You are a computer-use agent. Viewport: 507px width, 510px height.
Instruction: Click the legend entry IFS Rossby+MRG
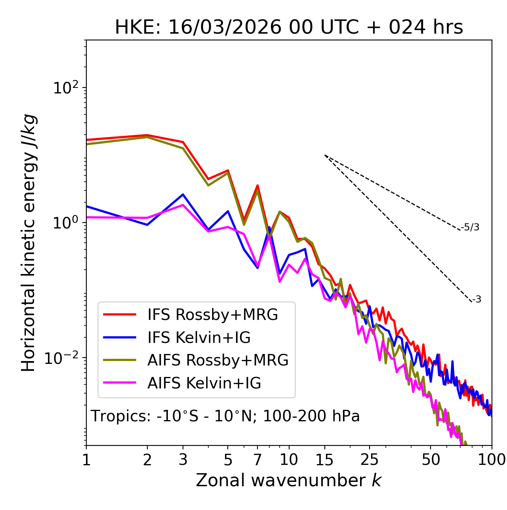pos(212,315)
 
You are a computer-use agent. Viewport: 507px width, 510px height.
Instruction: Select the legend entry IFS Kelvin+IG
pos(199,338)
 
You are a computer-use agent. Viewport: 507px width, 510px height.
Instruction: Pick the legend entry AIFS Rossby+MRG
pos(218,360)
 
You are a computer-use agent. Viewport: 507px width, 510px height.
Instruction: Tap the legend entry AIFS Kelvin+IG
pos(204,383)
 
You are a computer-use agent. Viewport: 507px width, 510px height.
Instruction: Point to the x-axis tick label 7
pos(257,460)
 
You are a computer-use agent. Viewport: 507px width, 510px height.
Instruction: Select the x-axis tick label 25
pos(370,460)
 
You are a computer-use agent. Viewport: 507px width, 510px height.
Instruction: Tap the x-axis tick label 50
pos(431,460)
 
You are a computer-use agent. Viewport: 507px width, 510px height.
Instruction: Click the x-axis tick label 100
pos(491,460)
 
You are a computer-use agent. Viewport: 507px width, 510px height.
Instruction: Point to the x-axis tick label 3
pos(183,460)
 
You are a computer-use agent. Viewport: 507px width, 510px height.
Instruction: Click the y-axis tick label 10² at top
pos(65,88)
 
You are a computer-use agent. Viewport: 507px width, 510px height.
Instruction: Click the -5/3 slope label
pos(470,227)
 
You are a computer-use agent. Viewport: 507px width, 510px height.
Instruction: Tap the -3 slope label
pos(477,300)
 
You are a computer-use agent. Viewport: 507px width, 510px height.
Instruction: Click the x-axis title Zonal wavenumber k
pos(289,480)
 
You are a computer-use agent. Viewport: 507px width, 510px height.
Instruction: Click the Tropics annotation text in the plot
pos(225,417)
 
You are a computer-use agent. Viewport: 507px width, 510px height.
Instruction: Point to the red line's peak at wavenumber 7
pos(257,185)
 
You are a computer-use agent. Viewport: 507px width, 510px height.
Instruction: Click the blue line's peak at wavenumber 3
pos(183,194)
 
